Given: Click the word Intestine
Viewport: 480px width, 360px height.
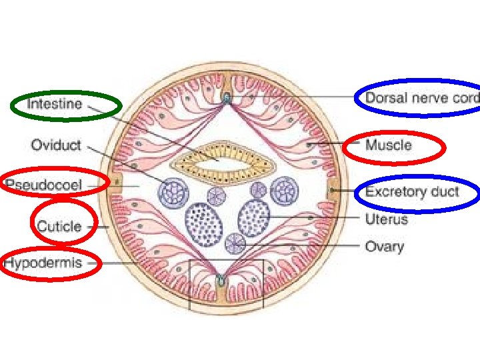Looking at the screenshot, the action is tap(55, 104).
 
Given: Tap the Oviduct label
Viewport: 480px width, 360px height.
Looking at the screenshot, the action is tap(56, 145).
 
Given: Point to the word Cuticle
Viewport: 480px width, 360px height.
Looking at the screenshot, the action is tap(59, 226).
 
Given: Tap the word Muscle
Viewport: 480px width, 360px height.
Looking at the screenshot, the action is tap(389, 145).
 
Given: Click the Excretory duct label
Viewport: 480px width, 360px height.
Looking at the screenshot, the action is tap(412, 192).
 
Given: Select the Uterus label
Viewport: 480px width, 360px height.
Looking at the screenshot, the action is tap(386, 219).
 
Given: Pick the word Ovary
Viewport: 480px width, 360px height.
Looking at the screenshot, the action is tap(384, 247).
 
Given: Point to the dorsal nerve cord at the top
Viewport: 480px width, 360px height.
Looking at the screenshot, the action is tap(227, 98).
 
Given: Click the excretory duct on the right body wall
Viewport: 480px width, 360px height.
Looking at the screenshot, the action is tap(331, 192).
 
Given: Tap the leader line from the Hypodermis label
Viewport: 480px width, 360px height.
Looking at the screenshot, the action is tap(120, 263).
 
